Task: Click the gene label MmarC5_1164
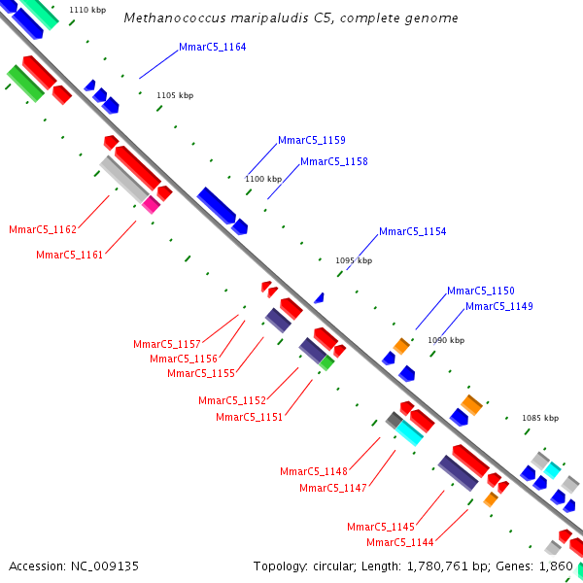pos(212,48)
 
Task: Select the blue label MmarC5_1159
pos(312,140)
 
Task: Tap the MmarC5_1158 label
pos(334,161)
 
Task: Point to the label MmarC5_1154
pos(412,231)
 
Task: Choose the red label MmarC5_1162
pos(43,229)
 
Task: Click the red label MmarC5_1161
pos(70,255)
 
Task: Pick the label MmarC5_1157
pos(167,344)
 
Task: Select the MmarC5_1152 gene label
pos(232,400)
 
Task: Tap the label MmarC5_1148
pos(314,472)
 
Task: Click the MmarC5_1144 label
pos(400,542)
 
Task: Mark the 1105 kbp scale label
pos(175,95)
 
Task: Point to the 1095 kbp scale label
pos(354,260)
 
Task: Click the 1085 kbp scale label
pos(540,418)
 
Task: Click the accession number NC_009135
pos(105,566)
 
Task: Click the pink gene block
pos(151,205)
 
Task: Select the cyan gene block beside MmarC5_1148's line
pos(409,433)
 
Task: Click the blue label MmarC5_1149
pos(499,306)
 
